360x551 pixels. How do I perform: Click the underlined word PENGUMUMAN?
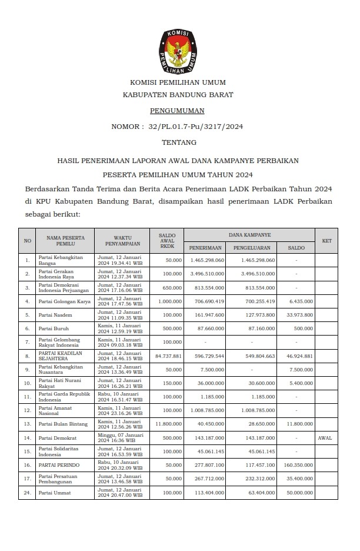pos(177,110)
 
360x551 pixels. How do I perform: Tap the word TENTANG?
pos(179,142)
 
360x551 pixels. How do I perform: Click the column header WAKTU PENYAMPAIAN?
pos(122,241)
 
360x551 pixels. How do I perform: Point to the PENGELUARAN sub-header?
pos(251,248)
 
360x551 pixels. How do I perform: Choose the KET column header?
pos(326,241)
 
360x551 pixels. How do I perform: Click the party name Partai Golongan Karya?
pos(65,301)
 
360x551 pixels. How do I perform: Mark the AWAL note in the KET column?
pos(325,438)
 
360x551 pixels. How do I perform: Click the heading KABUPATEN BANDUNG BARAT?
pos(178,94)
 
